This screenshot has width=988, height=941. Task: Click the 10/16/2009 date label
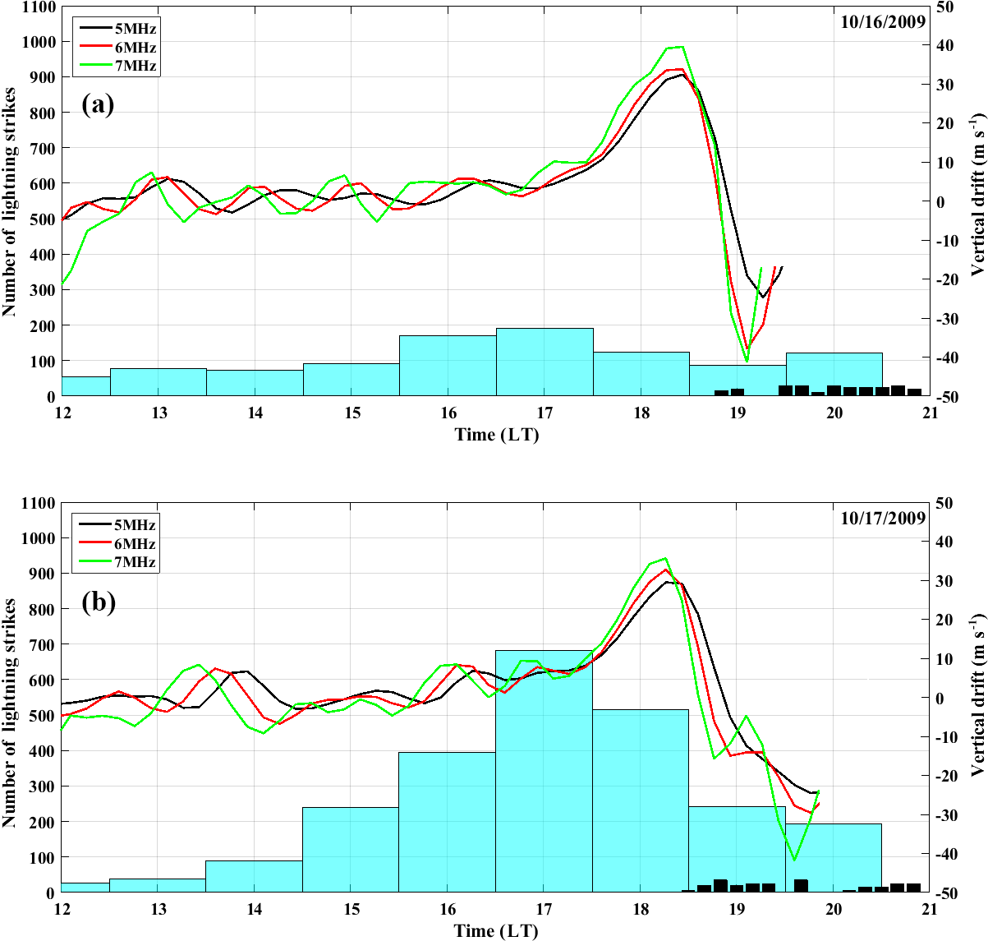(x=883, y=21)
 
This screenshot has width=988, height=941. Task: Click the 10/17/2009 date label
(x=883, y=518)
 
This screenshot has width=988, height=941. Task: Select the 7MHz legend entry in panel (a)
(x=136, y=66)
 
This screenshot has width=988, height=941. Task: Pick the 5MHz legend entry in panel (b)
(x=134, y=524)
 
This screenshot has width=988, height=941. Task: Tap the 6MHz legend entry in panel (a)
(x=136, y=48)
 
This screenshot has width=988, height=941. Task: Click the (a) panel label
(x=98, y=105)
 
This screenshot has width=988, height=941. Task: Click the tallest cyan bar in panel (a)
(x=545, y=362)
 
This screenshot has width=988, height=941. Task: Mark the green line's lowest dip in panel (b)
(x=794, y=860)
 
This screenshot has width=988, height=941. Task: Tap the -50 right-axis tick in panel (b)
(x=944, y=893)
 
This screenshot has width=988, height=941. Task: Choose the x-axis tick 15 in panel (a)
(x=352, y=413)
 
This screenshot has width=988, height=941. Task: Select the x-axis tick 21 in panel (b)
(x=930, y=909)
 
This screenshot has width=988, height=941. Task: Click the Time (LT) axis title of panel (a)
(x=496, y=435)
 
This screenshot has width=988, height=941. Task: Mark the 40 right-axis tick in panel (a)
(x=944, y=46)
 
